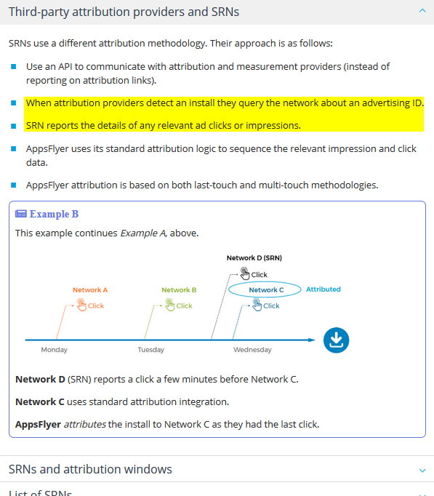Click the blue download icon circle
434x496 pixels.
(336, 340)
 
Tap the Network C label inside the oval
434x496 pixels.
(266, 289)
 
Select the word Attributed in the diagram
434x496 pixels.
(323, 289)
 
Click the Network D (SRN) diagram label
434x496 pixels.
(254, 257)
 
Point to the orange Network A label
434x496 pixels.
(90, 289)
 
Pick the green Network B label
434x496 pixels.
(179, 289)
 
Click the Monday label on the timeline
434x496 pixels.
(54, 350)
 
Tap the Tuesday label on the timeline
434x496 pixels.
(150, 350)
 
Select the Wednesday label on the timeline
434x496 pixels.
(252, 350)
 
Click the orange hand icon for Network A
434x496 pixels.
(81, 305)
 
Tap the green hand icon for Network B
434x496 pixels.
(169, 305)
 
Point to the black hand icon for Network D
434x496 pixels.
(245, 273)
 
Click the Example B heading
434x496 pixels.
(54, 214)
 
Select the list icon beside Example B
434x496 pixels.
(21, 214)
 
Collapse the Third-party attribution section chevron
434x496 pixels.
(422, 11)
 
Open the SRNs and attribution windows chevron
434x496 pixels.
(422, 471)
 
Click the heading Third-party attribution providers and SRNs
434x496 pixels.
(124, 12)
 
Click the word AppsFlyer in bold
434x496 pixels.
(38, 424)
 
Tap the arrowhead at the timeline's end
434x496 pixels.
(312, 340)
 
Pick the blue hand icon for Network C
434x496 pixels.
(257, 305)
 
